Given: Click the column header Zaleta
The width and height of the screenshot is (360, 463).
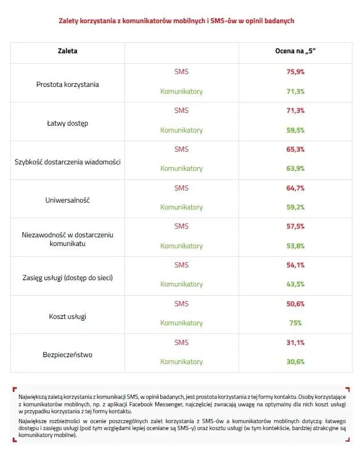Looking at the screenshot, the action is click(68, 51).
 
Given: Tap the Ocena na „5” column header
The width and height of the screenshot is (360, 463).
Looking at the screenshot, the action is click(295, 51).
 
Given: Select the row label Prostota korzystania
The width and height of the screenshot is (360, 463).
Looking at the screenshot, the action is click(68, 84).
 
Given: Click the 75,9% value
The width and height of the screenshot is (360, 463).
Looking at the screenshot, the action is click(295, 72).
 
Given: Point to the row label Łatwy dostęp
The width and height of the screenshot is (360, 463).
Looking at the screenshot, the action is click(68, 123).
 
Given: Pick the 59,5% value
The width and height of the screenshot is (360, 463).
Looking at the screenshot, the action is click(295, 130).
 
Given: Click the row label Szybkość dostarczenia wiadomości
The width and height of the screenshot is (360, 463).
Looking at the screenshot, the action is click(68, 162).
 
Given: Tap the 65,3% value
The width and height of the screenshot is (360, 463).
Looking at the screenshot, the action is click(295, 149).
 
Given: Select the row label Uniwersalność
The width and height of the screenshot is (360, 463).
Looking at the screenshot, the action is click(68, 200).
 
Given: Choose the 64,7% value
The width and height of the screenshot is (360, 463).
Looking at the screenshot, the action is click(295, 188).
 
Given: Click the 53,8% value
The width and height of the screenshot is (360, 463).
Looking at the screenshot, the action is click(295, 246).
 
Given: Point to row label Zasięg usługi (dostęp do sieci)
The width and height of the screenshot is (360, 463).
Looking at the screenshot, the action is click(68, 278).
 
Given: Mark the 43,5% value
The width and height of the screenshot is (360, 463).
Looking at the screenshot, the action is click(295, 284).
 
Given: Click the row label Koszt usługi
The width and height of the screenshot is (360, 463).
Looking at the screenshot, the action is click(68, 317).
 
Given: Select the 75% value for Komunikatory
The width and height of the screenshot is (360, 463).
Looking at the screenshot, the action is click(295, 323).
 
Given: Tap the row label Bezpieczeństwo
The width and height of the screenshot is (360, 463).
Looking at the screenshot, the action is click(68, 355).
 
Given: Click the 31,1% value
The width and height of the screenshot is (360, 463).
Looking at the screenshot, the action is click(295, 343).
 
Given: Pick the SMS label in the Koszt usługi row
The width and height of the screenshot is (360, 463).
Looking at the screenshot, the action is click(181, 304).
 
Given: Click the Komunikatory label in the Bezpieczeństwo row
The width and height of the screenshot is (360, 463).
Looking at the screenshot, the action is click(181, 362).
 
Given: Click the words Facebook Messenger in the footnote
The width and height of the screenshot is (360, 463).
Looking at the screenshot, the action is click(156, 405).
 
